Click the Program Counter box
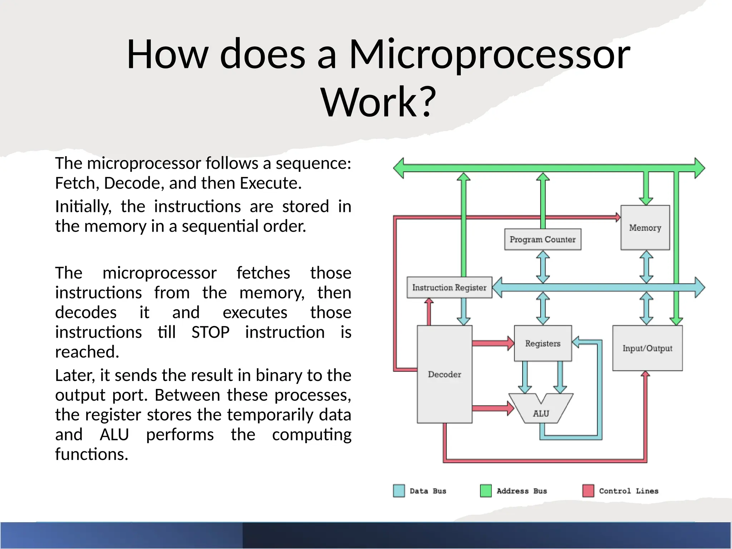543,239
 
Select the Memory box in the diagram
645,228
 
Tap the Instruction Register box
449,287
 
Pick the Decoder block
445,374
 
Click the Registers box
543,343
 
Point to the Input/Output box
647,348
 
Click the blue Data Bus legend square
399,491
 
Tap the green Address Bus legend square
486,491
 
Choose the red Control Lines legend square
588,491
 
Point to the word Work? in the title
379,102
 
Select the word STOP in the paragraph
210,332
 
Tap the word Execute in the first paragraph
271,183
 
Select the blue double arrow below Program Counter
543,267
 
